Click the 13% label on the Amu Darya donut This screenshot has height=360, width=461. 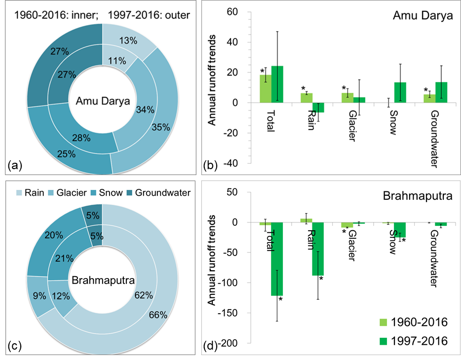pos(127,40)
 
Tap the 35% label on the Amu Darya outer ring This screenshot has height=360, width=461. pos(161,127)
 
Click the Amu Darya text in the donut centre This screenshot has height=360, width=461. pos(103,102)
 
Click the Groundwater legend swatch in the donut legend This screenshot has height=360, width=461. pos(129,193)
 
